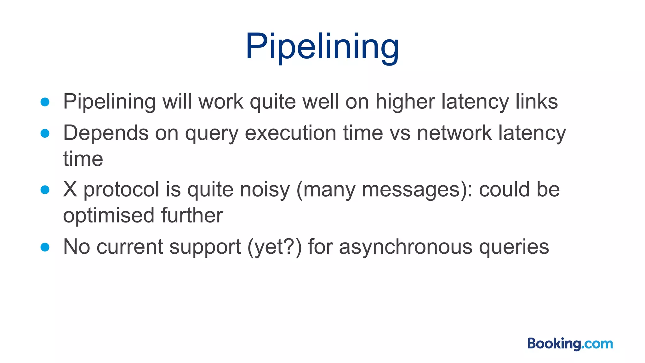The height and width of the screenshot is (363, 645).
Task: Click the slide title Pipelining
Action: [322, 47]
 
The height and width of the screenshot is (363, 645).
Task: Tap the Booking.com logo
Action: [570, 343]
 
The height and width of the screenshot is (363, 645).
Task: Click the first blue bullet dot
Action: [45, 102]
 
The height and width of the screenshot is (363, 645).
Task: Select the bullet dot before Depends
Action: [45, 133]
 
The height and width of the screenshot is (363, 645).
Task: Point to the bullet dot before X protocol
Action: [45, 190]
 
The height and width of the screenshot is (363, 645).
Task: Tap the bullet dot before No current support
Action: [45, 247]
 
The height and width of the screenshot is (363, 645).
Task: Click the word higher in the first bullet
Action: [405, 102]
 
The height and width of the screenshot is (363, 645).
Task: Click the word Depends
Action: [106, 133]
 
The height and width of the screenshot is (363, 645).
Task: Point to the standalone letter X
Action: [70, 190]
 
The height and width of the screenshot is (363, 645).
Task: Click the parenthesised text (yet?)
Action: [275, 247]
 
